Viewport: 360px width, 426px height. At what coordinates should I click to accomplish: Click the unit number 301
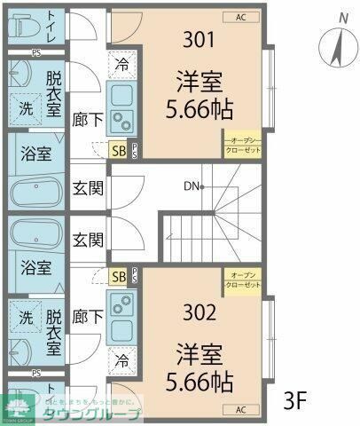(x=200, y=40)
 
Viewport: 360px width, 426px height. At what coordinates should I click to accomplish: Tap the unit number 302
(x=200, y=312)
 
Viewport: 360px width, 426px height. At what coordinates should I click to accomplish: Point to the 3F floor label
(x=294, y=399)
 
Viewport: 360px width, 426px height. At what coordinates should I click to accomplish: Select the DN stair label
(x=192, y=186)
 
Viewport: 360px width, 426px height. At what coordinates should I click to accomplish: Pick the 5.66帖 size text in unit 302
(x=199, y=383)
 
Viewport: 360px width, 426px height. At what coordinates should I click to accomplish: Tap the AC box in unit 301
(x=241, y=17)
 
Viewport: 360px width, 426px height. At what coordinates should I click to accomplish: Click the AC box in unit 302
(x=241, y=409)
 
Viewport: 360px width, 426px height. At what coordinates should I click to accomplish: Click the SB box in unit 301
(x=119, y=150)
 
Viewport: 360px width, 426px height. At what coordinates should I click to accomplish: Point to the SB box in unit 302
(x=119, y=277)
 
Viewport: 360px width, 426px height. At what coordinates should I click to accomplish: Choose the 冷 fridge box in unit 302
(x=121, y=362)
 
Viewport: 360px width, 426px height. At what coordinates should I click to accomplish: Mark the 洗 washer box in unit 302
(x=26, y=317)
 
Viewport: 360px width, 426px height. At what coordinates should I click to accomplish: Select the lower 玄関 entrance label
(x=88, y=240)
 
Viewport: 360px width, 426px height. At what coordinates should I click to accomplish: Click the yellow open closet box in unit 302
(x=242, y=281)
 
